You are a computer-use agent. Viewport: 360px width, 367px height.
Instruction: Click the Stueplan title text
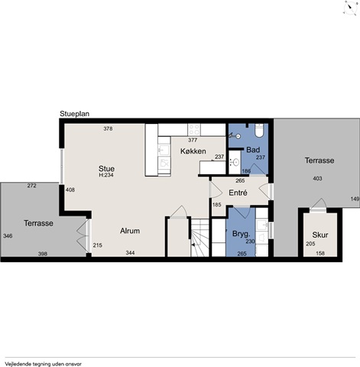[x=74, y=114]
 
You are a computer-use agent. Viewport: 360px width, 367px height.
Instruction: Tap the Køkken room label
[x=193, y=151]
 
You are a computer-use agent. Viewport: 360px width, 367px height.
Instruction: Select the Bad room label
[x=253, y=150]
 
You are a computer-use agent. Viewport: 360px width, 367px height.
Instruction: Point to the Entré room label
[x=238, y=193]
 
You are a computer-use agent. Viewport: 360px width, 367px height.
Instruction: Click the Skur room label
[x=320, y=235]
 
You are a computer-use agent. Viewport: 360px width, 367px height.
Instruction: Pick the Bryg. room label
[x=241, y=234]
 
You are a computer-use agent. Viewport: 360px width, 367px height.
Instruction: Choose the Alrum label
[x=130, y=231]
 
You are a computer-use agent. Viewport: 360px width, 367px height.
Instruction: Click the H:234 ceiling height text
[x=106, y=175]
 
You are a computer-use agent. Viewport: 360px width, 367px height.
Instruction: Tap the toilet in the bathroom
[x=260, y=131]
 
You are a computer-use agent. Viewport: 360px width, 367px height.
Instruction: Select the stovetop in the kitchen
[x=194, y=129]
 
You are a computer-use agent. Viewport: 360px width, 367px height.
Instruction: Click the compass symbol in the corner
[x=349, y=8]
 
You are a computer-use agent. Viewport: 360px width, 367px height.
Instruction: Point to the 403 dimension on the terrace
[x=317, y=178]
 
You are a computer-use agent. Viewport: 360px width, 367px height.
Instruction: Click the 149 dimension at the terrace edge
[x=355, y=199]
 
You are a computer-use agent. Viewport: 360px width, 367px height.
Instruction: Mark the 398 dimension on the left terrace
[x=43, y=254]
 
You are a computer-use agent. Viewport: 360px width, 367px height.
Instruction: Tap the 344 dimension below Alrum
[x=130, y=253]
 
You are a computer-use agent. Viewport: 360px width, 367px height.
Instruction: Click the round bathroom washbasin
[x=235, y=161]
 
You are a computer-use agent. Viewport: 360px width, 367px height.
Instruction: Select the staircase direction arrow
[x=193, y=245]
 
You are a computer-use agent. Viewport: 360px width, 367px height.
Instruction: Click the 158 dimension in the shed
[x=320, y=253]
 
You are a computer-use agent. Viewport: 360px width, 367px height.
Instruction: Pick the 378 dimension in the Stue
[x=108, y=128]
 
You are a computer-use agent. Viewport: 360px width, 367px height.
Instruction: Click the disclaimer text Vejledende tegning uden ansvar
[x=43, y=364]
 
